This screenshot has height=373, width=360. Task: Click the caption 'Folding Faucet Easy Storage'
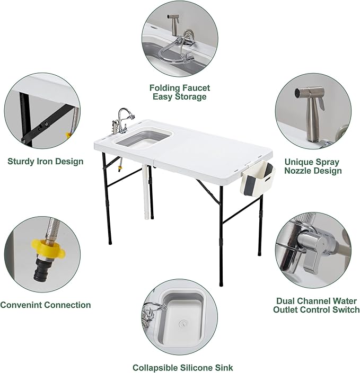180,92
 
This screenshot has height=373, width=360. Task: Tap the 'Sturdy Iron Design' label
46,162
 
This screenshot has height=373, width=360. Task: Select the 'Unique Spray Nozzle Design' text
313,166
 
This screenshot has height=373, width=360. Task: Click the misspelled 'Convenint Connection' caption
46,305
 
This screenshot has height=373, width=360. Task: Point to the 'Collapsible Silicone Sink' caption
182,367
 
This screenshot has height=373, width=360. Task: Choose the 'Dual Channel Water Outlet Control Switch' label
316,305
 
